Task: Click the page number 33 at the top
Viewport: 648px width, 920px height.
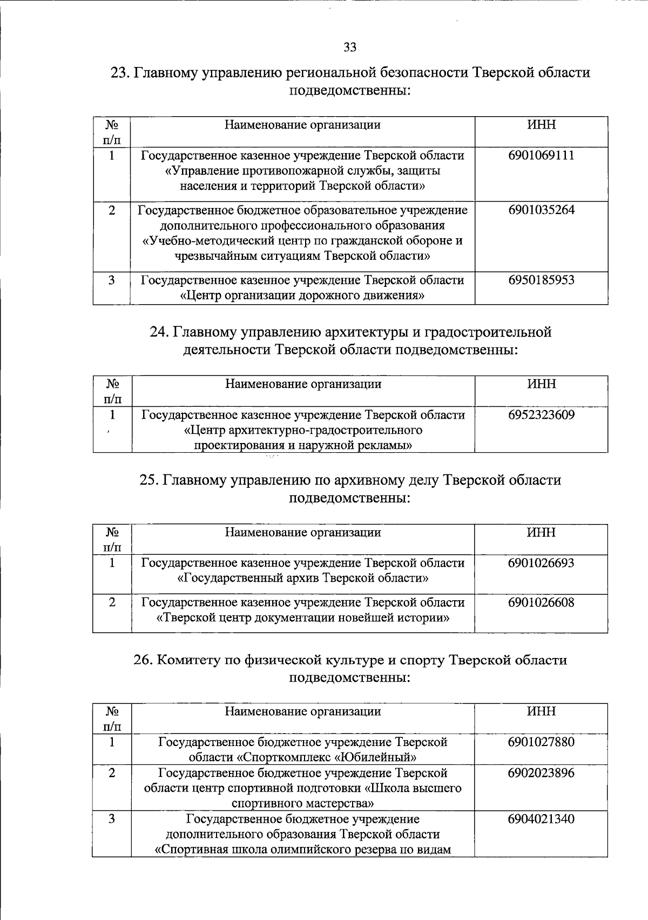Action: [x=350, y=48]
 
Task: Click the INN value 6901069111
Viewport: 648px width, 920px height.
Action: [x=541, y=156]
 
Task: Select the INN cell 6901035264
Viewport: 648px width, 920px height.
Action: [x=541, y=210]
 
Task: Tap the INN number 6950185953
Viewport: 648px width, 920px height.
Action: [x=541, y=280]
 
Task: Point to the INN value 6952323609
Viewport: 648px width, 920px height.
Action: [x=541, y=415]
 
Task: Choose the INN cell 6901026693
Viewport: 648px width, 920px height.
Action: [x=541, y=563]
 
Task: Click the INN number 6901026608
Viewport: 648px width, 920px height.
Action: [x=541, y=602]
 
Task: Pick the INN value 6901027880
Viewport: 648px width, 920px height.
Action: [x=541, y=742]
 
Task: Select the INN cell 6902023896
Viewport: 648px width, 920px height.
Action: [x=541, y=773]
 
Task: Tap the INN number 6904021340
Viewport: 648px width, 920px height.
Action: [x=541, y=818]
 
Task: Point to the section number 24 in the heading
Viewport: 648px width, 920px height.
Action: [x=158, y=332]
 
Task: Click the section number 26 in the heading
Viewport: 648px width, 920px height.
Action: [x=143, y=660]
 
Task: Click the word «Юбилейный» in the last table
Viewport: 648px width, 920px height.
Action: [x=384, y=756]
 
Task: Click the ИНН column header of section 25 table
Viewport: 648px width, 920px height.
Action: [x=541, y=533]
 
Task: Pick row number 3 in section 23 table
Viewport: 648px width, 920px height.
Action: [x=112, y=280]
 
